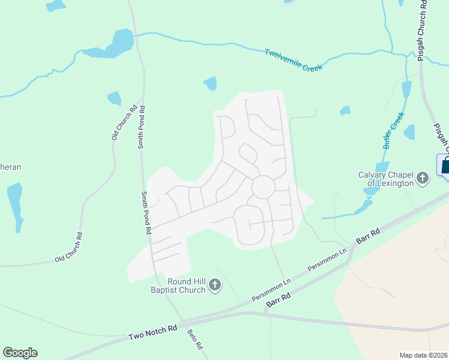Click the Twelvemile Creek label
(x=294, y=60)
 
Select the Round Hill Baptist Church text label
(x=178, y=286)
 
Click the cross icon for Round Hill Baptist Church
(x=215, y=286)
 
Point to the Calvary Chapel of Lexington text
(x=386, y=178)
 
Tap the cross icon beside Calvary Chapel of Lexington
(x=423, y=178)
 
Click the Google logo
(x=20, y=353)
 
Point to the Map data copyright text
(x=423, y=355)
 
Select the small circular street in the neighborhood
(x=263, y=187)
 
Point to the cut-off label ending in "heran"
(x=10, y=167)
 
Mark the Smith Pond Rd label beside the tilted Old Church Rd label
(x=142, y=127)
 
